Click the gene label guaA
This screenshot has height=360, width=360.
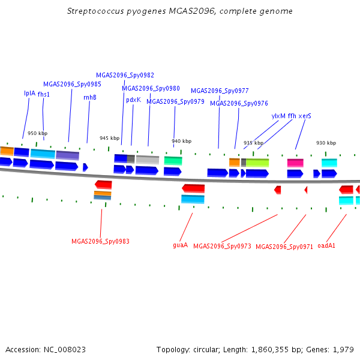click(180, 245)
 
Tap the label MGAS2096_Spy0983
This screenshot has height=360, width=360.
click(100, 241)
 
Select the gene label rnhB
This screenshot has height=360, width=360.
click(90, 97)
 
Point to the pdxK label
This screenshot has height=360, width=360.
click(133, 100)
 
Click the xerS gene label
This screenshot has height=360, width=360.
click(305, 116)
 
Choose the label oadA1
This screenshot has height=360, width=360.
click(326, 245)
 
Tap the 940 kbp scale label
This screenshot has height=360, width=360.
click(181, 141)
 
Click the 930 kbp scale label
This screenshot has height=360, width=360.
click(326, 143)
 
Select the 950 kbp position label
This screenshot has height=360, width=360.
click(37, 133)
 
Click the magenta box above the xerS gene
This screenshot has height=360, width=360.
click(295, 163)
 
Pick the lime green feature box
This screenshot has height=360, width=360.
click(257, 163)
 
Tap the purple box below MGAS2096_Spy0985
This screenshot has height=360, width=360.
click(67, 155)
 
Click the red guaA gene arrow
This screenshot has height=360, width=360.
click(193, 188)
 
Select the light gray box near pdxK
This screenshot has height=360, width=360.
click(148, 160)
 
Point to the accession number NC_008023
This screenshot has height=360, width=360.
click(65, 350)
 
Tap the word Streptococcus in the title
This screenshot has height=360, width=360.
click(95, 11)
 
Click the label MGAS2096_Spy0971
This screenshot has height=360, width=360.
click(284, 247)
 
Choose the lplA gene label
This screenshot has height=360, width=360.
click(29, 93)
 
